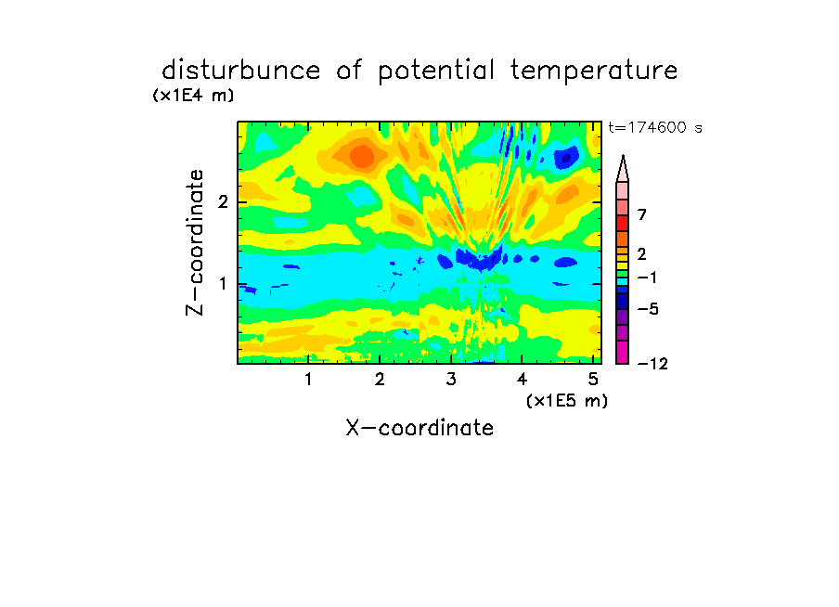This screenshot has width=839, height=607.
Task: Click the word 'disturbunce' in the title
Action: click(241, 71)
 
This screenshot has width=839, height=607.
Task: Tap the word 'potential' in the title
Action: click(436, 71)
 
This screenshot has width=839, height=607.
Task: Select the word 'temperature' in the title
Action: click(594, 71)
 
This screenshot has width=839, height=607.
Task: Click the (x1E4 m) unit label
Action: click(193, 96)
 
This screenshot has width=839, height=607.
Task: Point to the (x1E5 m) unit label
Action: click(567, 401)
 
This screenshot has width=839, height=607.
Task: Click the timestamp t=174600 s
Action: click(655, 127)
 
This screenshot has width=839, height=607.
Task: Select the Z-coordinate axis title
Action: click(195, 242)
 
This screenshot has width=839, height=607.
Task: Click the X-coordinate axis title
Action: click(419, 428)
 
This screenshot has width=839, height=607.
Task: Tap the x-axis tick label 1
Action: click(309, 380)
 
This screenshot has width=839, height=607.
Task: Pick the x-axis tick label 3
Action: click(451, 380)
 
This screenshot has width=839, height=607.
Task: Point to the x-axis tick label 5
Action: click(593, 380)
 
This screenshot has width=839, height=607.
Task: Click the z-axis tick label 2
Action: click(223, 202)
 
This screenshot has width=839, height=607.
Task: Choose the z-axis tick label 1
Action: click(223, 284)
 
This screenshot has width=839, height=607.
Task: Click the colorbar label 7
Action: click(642, 215)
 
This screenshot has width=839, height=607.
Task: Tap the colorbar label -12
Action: click(652, 364)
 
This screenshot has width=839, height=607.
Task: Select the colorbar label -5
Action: click(648, 309)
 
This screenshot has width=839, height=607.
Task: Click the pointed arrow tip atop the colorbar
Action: click(623, 156)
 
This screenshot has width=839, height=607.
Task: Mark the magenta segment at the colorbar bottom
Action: click(623, 352)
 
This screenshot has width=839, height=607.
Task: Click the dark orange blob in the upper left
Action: click(362, 156)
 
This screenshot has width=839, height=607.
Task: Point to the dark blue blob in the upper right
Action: click(566, 158)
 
